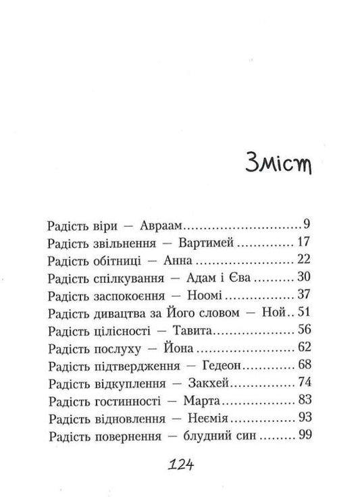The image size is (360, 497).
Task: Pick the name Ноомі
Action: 207,295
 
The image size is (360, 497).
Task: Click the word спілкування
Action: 122,278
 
